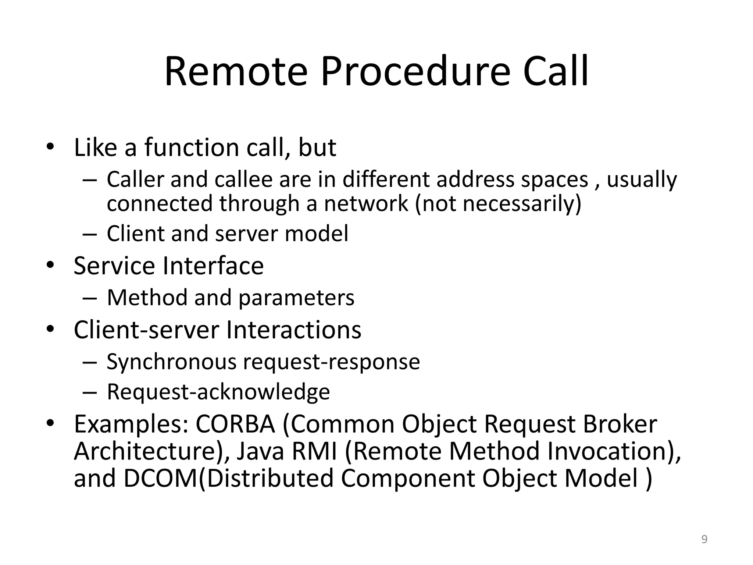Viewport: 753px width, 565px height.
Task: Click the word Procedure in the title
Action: [416, 72]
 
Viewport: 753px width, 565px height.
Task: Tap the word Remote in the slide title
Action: [236, 72]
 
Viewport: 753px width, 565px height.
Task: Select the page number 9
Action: [704, 540]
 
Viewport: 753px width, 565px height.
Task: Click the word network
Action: [366, 203]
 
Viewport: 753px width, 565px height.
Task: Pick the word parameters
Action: [296, 298]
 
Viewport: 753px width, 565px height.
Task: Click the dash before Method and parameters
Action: [89, 298]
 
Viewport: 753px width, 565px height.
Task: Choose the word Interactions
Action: [293, 330]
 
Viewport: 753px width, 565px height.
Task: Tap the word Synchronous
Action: [171, 362]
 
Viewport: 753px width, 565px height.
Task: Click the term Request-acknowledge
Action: [218, 392]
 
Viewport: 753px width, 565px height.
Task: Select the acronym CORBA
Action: [235, 424]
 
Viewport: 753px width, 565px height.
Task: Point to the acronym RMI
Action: [315, 451]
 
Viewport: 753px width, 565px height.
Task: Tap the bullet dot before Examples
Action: [50, 423]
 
